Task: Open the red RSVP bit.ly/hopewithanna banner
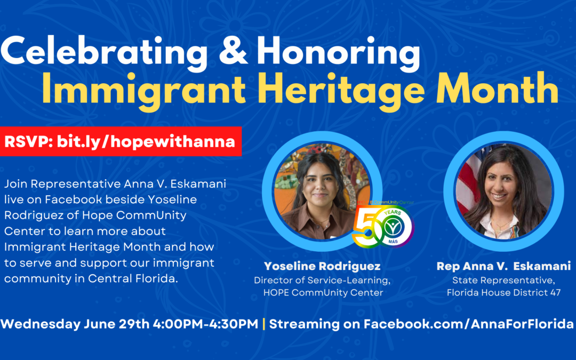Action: pyautogui.click(x=121, y=142)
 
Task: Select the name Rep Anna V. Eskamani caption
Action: pyautogui.click(x=503, y=266)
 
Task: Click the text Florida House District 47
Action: pyautogui.click(x=503, y=293)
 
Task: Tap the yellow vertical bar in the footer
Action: pyautogui.click(x=264, y=324)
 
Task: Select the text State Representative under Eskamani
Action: pyautogui.click(x=503, y=280)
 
